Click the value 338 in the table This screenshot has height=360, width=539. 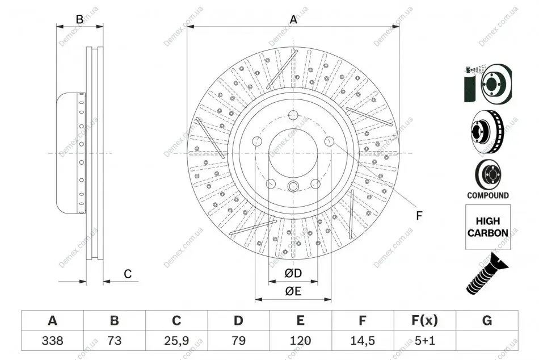pyautogui.click(x=53, y=341)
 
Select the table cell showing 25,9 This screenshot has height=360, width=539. pyautogui.click(x=176, y=341)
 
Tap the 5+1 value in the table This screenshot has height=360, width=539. pyautogui.click(x=425, y=341)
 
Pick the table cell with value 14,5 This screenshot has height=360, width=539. pyautogui.click(x=363, y=341)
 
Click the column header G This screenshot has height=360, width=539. pyautogui.click(x=487, y=320)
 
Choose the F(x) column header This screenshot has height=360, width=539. pyautogui.click(x=425, y=320)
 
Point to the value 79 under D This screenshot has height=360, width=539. pyautogui.click(x=238, y=341)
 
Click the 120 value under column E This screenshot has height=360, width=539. pyautogui.click(x=300, y=341)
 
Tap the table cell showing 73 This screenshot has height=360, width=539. pyautogui.click(x=115, y=341)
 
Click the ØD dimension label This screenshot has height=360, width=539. pyautogui.click(x=293, y=273)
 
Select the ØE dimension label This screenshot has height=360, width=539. pyautogui.click(x=293, y=291)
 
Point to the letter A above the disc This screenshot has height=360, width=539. pyautogui.click(x=293, y=19)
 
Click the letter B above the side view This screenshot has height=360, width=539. pyautogui.click(x=79, y=19)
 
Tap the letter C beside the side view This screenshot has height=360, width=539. pyautogui.click(x=128, y=274)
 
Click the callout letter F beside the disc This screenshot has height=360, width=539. pyautogui.click(x=419, y=216)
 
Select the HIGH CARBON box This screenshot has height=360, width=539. pyautogui.click(x=488, y=227)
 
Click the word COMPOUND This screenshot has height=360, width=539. pyautogui.click(x=488, y=195)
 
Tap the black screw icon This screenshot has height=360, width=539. pyautogui.click(x=486, y=274)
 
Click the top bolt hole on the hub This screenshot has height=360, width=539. pyautogui.click(x=293, y=115)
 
